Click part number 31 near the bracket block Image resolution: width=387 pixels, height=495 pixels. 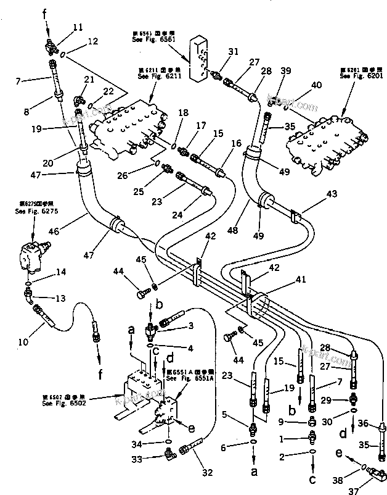(232, 52)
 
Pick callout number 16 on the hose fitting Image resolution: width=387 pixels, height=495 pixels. (220, 143)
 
